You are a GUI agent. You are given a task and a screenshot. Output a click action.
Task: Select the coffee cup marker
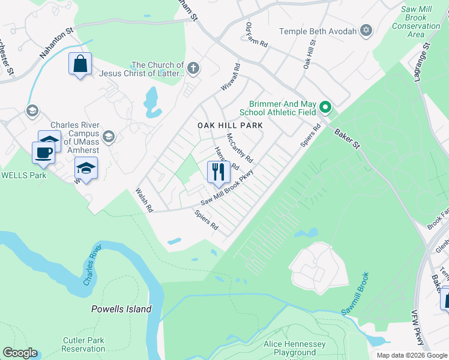[x=44, y=152]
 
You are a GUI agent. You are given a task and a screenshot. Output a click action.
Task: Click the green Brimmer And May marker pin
[x=325, y=108]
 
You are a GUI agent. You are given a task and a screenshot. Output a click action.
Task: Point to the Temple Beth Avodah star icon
[x=367, y=31]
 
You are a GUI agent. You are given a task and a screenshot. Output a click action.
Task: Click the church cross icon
[x=193, y=67]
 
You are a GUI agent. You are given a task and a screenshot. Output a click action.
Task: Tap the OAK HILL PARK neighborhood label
[x=231, y=125]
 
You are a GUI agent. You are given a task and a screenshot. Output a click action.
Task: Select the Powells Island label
[x=121, y=310]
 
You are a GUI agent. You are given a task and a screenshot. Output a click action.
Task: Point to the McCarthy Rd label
[x=240, y=148]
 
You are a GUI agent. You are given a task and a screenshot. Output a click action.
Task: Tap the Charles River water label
[x=94, y=265]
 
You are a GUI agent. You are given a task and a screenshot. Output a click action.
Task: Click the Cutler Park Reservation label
[x=84, y=344]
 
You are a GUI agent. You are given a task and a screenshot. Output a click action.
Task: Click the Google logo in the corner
[x=20, y=353]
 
